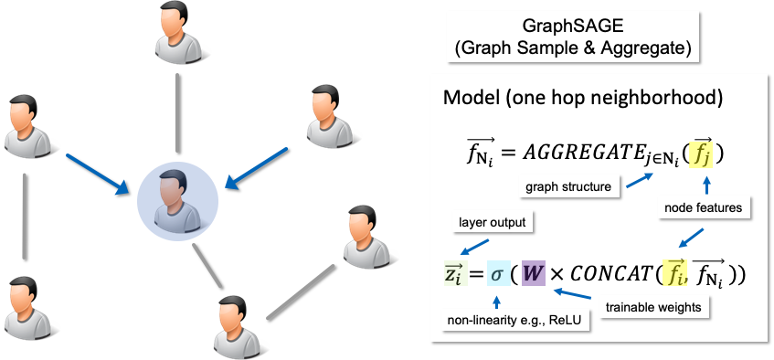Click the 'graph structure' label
567,188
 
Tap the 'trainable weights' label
652,308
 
